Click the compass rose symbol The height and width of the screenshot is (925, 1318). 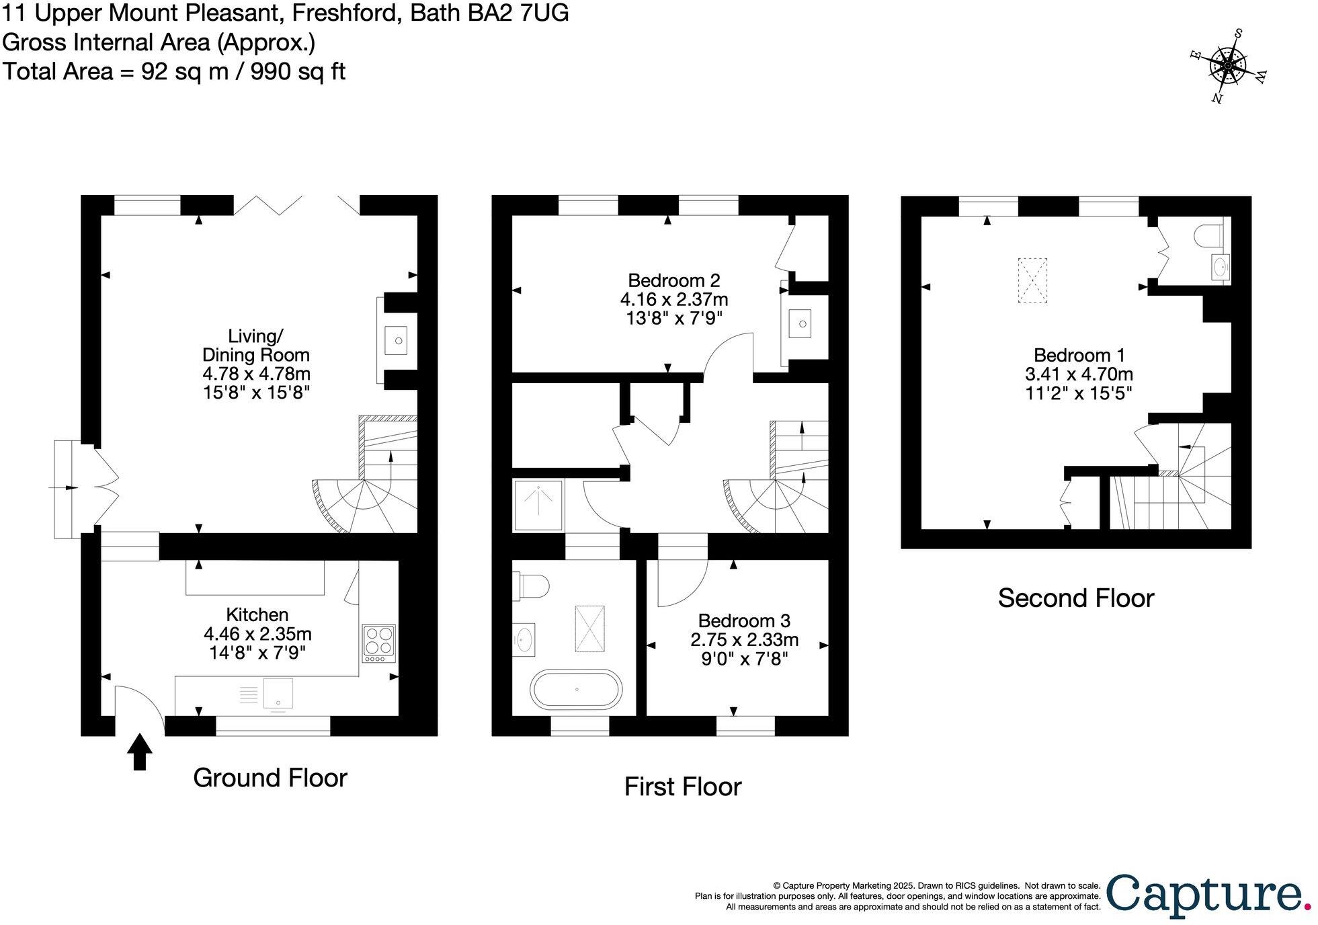tap(1227, 67)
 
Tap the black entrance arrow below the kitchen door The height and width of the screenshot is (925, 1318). tap(140, 752)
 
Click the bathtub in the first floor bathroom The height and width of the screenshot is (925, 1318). tap(577, 689)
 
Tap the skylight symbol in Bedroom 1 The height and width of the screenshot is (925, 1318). tap(1032, 280)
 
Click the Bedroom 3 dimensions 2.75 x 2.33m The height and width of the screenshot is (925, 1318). tap(744, 639)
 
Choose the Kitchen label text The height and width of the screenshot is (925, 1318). tap(257, 614)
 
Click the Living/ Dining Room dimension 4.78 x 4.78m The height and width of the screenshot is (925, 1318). tap(257, 373)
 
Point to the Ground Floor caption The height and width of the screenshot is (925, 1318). tap(270, 778)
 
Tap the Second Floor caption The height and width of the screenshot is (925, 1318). tap(1075, 598)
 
